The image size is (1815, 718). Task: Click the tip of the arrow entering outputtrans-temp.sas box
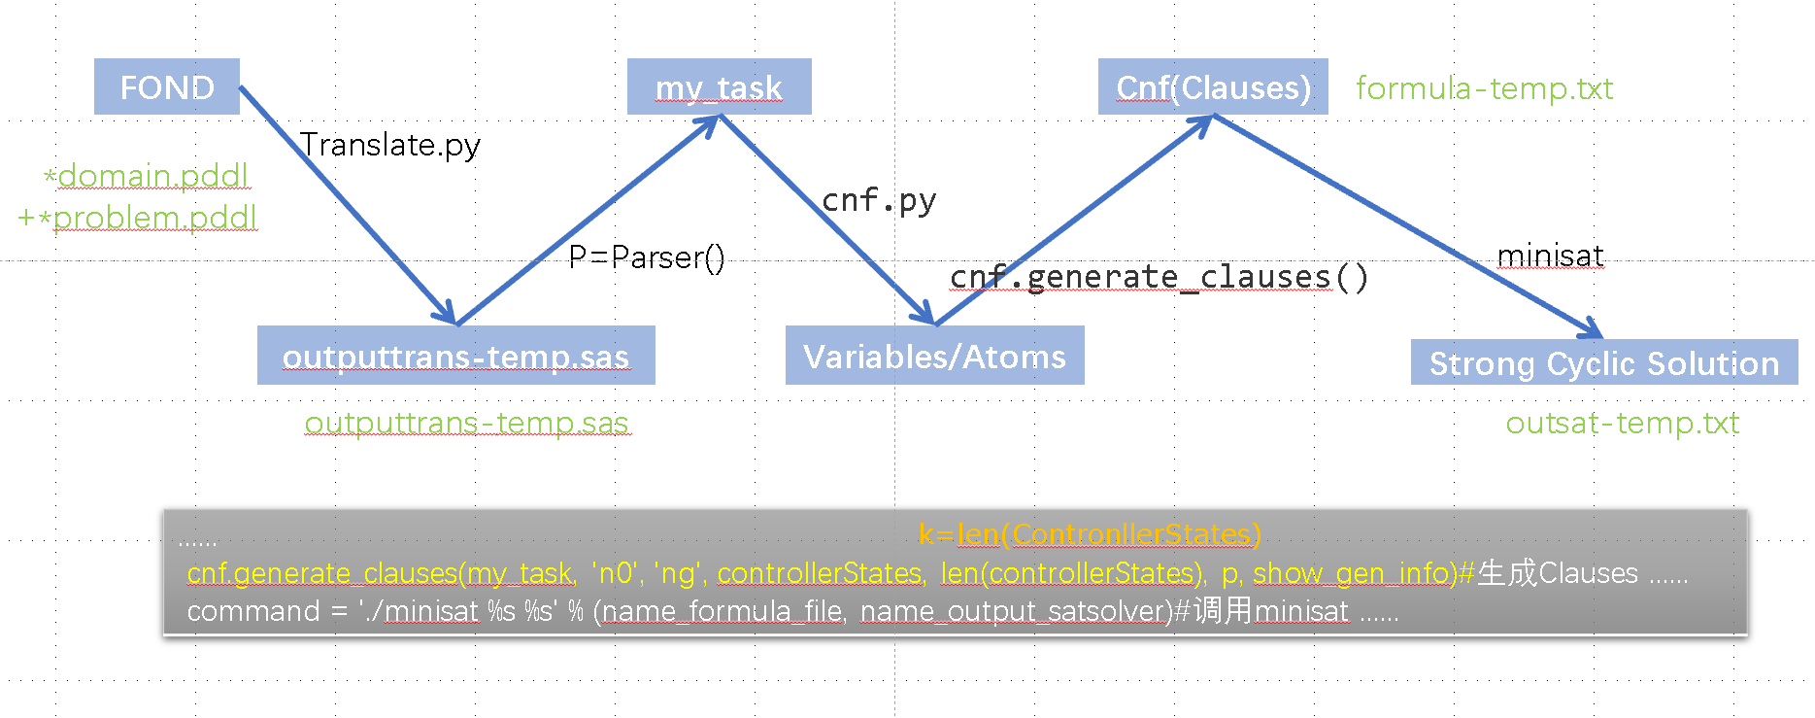tap(454, 324)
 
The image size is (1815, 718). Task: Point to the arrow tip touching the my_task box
tap(719, 117)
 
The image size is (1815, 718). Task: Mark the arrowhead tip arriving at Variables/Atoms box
tap(933, 324)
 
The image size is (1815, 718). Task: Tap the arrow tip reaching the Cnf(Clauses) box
tap(1214, 117)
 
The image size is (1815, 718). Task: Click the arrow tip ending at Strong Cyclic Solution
tap(1602, 337)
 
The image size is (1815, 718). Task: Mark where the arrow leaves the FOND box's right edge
tap(240, 87)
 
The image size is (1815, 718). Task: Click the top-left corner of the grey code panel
tap(164, 510)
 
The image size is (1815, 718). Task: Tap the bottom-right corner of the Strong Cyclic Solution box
tap(1798, 384)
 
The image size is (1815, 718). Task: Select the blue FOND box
tap(167, 86)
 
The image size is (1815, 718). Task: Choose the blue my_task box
tap(719, 86)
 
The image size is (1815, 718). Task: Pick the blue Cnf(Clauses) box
tap(1213, 86)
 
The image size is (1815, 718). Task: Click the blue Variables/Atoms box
tap(934, 356)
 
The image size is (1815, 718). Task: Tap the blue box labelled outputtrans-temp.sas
tap(455, 356)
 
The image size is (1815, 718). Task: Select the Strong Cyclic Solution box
tap(1604, 362)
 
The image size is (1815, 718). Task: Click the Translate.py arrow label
tap(390, 145)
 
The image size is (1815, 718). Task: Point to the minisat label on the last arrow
tap(1551, 256)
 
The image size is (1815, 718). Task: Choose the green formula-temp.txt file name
tap(1485, 88)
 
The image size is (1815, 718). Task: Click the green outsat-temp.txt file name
tap(1623, 423)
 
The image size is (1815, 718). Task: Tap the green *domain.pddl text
tap(147, 176)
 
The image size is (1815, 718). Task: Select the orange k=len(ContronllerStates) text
tap(1090, 534)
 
